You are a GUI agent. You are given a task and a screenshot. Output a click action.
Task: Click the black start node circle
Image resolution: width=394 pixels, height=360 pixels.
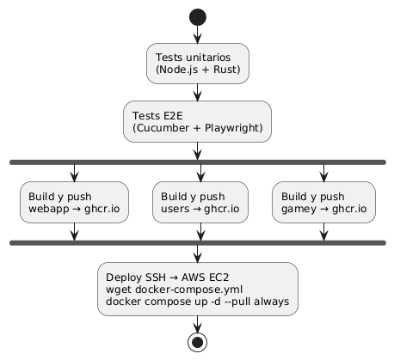(197, 17)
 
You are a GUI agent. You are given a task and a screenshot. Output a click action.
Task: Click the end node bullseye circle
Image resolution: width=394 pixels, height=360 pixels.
(197, 341)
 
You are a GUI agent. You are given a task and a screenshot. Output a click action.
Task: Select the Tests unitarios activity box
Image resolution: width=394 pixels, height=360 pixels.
(197, 64)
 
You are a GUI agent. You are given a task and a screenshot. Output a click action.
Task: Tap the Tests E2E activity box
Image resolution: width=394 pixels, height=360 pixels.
(197, 121)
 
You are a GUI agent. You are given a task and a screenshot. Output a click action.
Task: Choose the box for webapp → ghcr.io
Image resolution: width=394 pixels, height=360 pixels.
(74, 202)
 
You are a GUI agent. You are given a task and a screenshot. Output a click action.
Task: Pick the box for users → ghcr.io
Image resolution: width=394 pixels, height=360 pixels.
(199, 202)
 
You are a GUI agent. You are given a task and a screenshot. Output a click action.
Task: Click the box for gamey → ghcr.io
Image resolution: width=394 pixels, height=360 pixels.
(323, 202)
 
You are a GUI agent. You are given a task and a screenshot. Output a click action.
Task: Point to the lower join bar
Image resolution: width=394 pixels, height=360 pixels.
(197, 243)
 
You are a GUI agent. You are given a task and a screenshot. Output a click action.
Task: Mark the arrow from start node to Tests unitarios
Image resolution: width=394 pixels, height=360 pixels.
(197, 35)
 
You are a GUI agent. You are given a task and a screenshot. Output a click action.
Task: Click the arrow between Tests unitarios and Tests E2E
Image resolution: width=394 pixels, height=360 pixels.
(197, 93)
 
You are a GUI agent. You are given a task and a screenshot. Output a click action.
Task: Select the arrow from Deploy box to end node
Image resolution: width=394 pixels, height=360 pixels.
(197, 321)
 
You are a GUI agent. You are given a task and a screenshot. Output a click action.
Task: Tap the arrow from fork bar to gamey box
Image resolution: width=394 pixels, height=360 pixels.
(323, 172)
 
